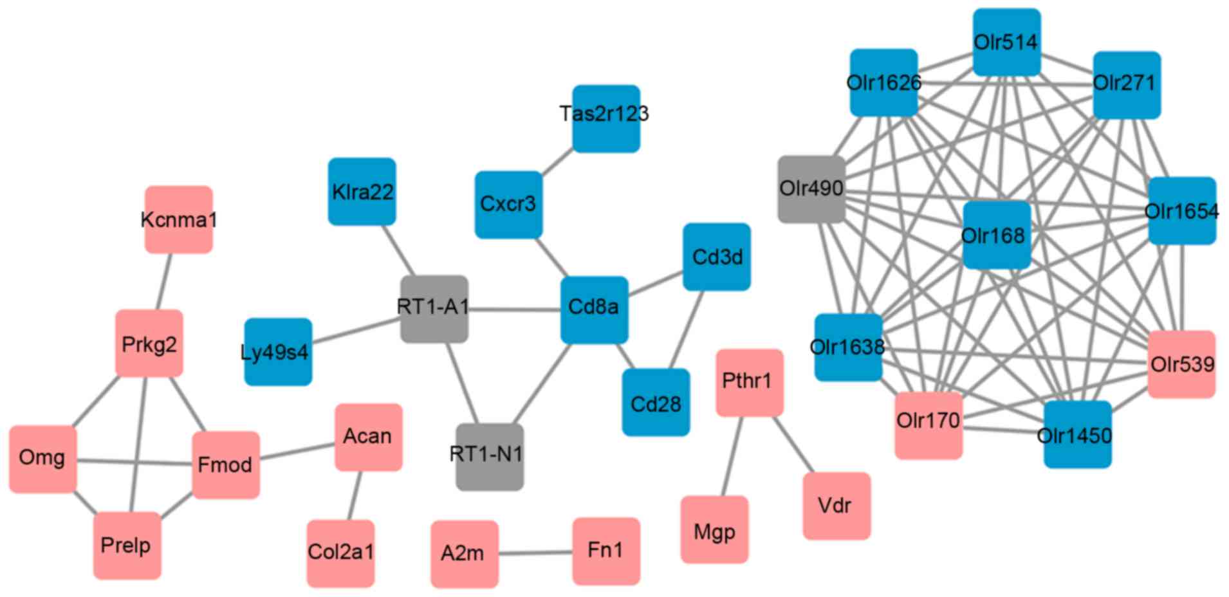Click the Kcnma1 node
tap(178, 219)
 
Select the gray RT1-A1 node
tap(434, 309)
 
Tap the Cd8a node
tap(594, 309)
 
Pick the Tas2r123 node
tap(606, 118)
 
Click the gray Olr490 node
tap(811, 189)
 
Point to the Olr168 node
tap(996, 235)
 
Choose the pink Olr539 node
tap(1181, 364)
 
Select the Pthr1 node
tap(749, 382)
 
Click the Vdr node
tap(836, 506)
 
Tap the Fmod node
tap(226, 464)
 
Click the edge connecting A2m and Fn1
tap(535, 553)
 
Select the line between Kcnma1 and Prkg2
tap(164, 281)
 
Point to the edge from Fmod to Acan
tap(297, 451)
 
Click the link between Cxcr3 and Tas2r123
tap(557, 161)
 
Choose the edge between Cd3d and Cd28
tap(687, 329)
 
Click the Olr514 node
tap(1006, 42)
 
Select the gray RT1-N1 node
tap(489, 456)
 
